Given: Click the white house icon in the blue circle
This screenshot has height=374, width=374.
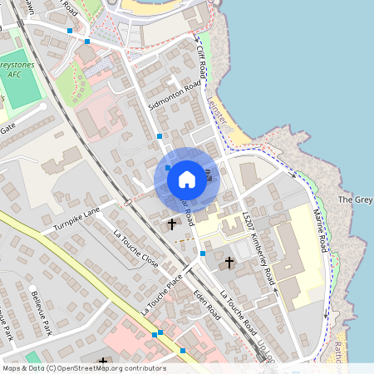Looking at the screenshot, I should pyautogui.click(x=187, y=179).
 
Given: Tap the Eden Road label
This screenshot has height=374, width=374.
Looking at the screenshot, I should pyautogui.click(x=206, y=299).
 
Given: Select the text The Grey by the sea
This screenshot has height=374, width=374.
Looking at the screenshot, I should pyautogui.click(x=355, y=200).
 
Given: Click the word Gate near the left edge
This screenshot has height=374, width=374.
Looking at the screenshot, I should pyautogui.click(x=7, y=127).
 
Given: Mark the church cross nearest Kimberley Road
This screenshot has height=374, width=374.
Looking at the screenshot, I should pyautogui.click(x=229, y=263).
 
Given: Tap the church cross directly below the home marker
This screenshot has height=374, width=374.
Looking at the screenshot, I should pyautogui.click(x=172, y=224).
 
